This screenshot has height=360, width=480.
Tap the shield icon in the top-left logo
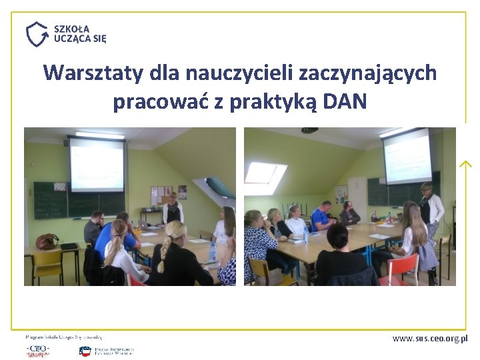37,34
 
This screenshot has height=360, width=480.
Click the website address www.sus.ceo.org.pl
430,338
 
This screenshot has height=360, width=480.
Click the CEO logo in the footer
37,350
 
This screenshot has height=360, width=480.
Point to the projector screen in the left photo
97,163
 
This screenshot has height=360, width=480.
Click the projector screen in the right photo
406,156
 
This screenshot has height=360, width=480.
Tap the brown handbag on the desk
47,241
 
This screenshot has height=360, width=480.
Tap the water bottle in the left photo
213,251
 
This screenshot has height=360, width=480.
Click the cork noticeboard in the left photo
163,194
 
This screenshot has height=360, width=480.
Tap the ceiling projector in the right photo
309,130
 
